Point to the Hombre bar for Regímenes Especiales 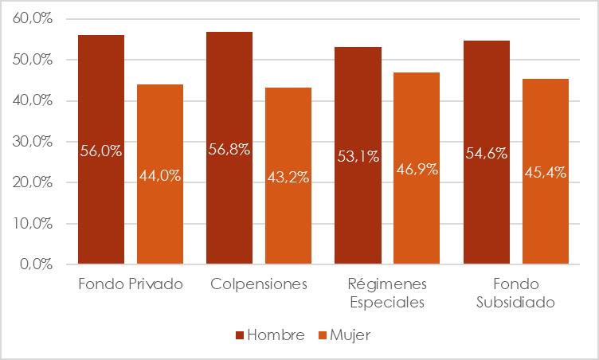[358, 199]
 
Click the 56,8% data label [229, 150]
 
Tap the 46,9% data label [417, 170]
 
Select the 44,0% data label [160, 176]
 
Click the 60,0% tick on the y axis [33, 19]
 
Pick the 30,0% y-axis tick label [33, 142]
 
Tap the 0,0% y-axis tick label [37, 264]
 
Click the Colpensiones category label [259, 284]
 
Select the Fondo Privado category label [131, 284]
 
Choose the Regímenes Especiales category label [387, 293]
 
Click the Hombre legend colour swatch [240, 335]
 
